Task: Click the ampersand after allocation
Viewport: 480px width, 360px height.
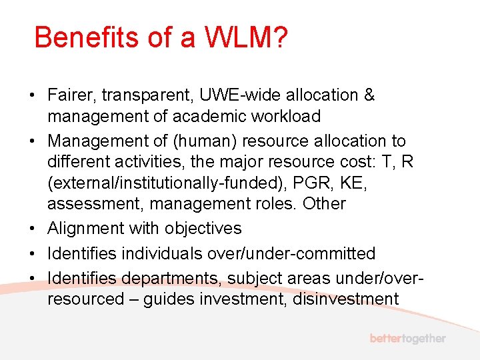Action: click(369, 95)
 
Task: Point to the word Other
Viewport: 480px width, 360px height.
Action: click(324, 203)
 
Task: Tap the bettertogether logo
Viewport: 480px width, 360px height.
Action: click(408, 339)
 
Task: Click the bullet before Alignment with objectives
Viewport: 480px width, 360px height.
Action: click(33, 229)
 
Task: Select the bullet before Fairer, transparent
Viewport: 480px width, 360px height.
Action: click(33, 95)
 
